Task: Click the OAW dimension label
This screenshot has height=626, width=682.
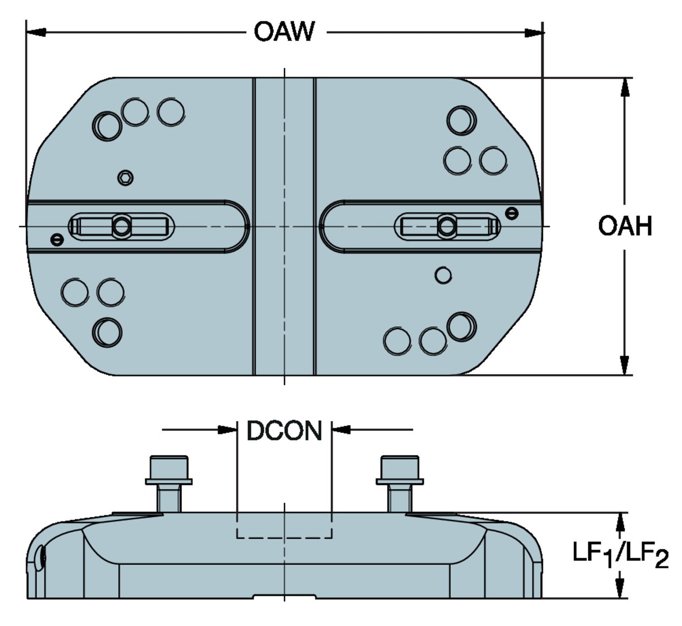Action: point(284,32)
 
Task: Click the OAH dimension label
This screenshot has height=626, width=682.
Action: point(625,226)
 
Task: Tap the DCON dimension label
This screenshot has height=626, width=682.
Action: point(284,431)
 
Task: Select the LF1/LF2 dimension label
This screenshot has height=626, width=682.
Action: point(620,555)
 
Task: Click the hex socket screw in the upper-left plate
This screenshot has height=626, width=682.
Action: point(125,177)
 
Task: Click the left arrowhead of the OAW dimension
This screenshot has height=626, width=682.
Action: point(36,32)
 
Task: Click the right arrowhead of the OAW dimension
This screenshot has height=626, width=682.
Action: point(533,32)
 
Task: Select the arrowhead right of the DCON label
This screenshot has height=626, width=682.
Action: point(341,429)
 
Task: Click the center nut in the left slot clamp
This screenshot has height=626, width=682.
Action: point(122,226)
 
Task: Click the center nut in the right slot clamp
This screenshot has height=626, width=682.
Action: point(447,226)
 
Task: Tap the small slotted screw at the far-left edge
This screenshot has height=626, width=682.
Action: point(57,239)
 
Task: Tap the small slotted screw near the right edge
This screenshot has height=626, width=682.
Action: point(511,213)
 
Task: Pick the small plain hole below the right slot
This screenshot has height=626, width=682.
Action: point(443,275)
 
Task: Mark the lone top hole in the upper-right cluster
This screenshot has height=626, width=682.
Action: point(461,120)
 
